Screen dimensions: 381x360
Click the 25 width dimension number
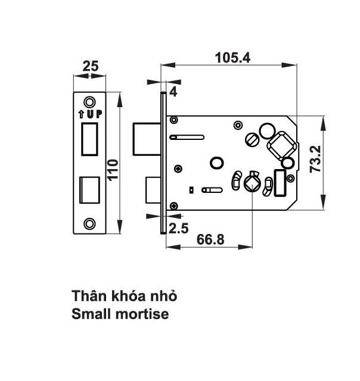(91, 66)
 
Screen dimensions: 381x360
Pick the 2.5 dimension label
(178, 227)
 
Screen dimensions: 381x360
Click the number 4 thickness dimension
(173, 92)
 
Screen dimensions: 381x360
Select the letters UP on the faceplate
(92, 114)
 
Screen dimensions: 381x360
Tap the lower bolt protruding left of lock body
(152, 190)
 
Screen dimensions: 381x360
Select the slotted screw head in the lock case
(255, 140)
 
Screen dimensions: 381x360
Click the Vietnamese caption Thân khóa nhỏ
(124, 296)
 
